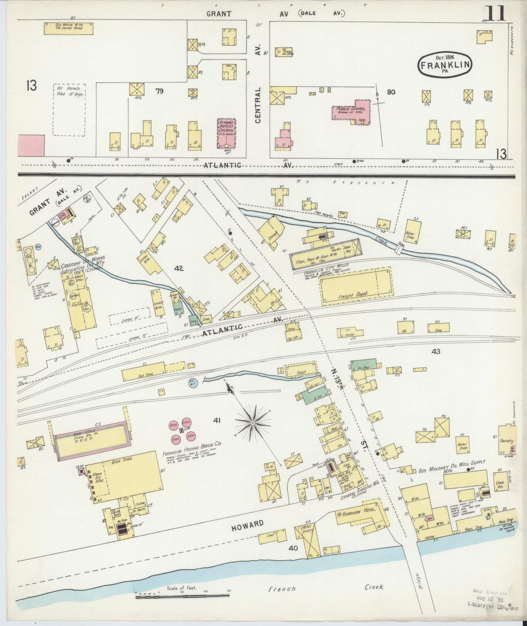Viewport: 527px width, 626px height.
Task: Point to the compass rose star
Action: click(x=252, y=423)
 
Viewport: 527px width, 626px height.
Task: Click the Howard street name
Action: click(x=247, y=524)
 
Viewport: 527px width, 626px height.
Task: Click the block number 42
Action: click(x=179, y=269)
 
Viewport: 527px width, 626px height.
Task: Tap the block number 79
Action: click(x=159, y=91)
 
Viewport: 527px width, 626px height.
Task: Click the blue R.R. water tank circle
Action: click(x=193, y=383)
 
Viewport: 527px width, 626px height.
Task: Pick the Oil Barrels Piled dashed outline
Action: click(x=69, y=110)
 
